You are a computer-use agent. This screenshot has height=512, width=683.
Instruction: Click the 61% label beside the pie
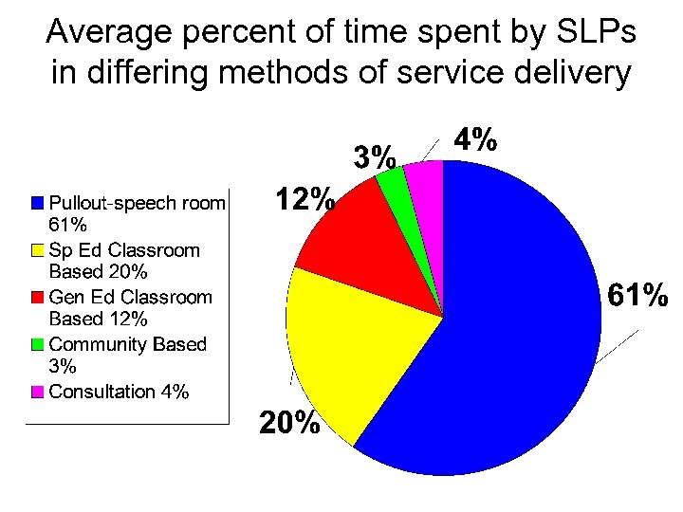tap(637, 297)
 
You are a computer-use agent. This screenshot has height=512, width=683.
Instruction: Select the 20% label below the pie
tap(289, 424)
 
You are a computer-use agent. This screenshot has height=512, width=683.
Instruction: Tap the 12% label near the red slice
tap(304, 199)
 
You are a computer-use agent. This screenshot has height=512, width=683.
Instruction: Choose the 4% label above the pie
tap(475, 140)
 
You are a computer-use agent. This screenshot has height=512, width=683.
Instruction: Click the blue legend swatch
tap(37, 202)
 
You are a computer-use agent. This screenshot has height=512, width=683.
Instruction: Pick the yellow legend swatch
tap(37, 250)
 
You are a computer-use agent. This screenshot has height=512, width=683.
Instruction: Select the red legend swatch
tap(37, 297)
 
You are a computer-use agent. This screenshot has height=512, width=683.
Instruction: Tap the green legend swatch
tap(37, 344)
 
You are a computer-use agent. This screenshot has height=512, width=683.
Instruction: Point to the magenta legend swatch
tap(37, 392)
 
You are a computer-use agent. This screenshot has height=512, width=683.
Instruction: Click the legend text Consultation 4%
tap(119, 392)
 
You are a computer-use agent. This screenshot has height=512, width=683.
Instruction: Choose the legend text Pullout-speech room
tap(137, 202)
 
